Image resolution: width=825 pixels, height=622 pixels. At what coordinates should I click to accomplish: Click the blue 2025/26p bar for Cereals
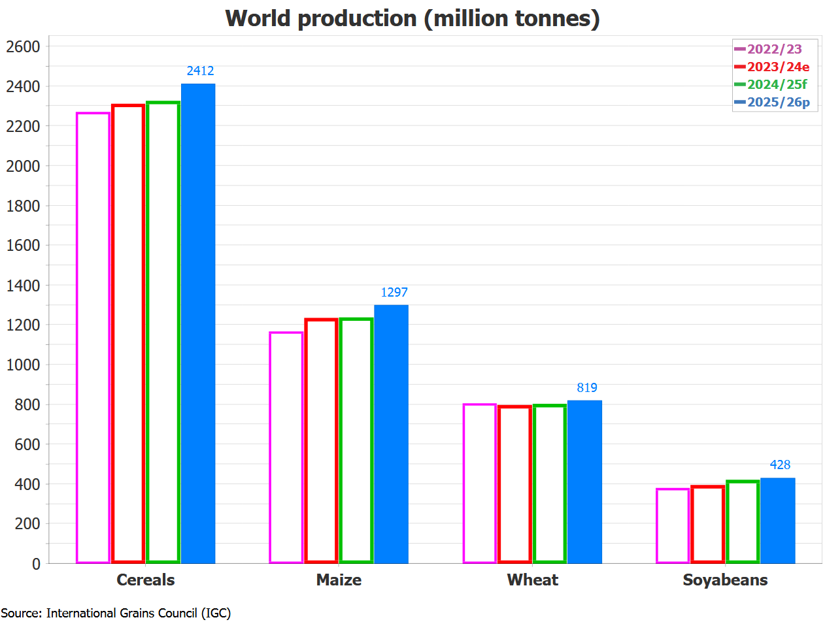coord(198,323)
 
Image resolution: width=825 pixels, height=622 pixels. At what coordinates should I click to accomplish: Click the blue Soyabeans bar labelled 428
coord(778,520)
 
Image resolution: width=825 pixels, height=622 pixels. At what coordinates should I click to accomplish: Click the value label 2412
coord(200,71)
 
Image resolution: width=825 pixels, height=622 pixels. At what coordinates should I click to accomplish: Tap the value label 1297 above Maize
coord(394,293)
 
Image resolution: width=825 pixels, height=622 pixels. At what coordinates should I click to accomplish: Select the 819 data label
coord(587,388)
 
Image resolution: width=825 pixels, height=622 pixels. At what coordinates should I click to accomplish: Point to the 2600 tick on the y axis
coord(24,47)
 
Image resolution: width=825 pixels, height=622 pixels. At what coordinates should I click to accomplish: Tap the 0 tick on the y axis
coord(36,564)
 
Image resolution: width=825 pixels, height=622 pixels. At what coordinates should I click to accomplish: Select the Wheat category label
coord(532,580)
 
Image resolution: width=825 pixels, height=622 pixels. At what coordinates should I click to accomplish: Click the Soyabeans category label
coord(725,580)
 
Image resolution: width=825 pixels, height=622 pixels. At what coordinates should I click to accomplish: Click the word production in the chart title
coord(356,18)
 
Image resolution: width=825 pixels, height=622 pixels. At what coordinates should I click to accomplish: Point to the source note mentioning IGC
coord(116,613)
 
